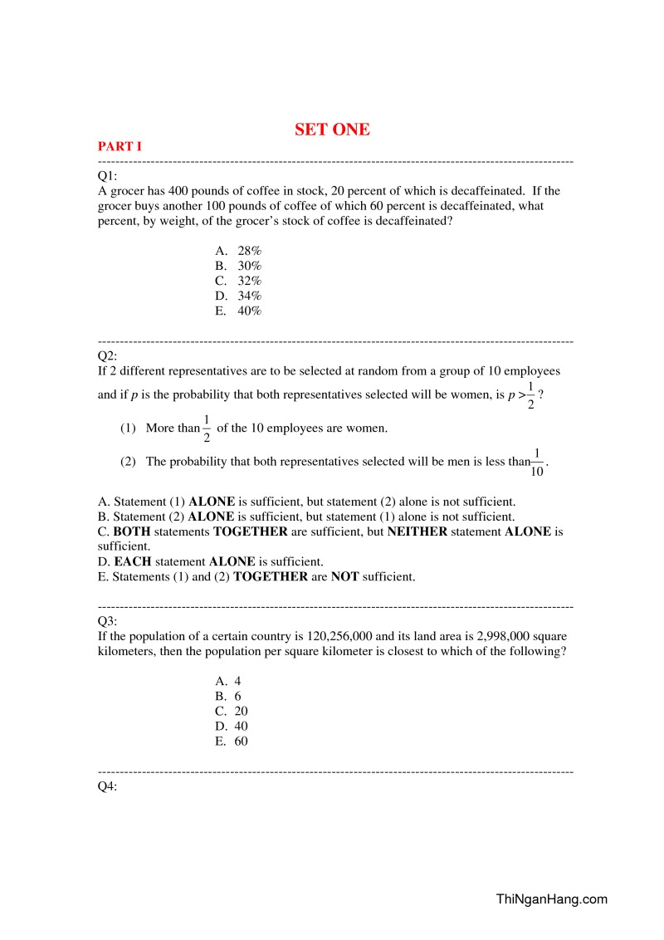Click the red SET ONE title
332,130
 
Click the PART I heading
120,146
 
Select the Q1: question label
108,176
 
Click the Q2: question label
108,356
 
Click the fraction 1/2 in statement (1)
207,429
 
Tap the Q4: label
108,786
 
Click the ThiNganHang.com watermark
551,898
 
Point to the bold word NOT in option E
344,576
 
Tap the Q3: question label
108,621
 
